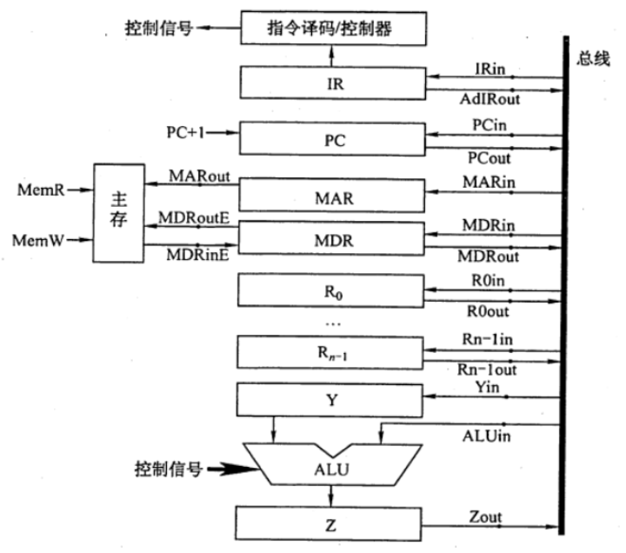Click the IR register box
pyautogui.click(x=334, y=84)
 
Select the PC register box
pyautogui.click(x=334, y=138)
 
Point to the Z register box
pyautogui.click(x=334, y=525)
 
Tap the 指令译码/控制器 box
pyautogui.click(x=334, y=30)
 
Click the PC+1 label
pyautogui.click(x=186, y=133)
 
